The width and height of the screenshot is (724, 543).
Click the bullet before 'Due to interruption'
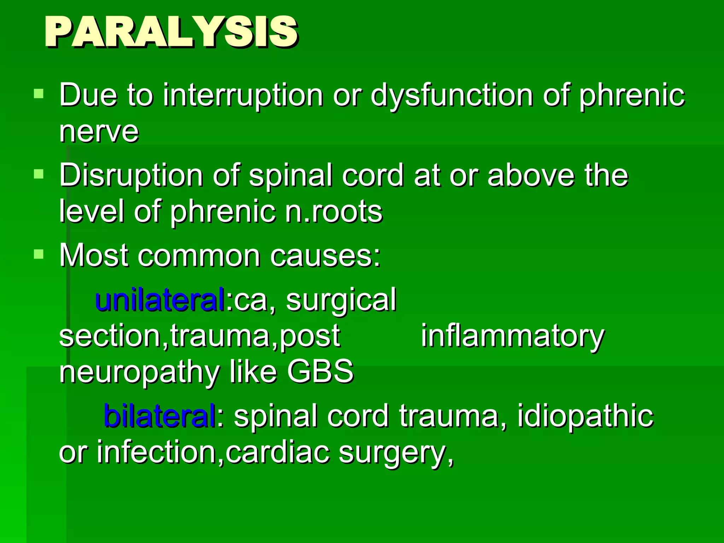point(39,94)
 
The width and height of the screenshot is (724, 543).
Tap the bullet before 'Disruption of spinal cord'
point(39,174)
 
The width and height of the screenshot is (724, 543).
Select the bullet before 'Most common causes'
point(39,254)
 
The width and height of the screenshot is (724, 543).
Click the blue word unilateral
point(160,300)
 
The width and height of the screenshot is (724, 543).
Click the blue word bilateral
point(159,416)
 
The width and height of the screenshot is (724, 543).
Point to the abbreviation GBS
point(320,371)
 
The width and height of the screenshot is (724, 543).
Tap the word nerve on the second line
point(99,132)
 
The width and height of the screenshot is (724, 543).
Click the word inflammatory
point(513,337)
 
